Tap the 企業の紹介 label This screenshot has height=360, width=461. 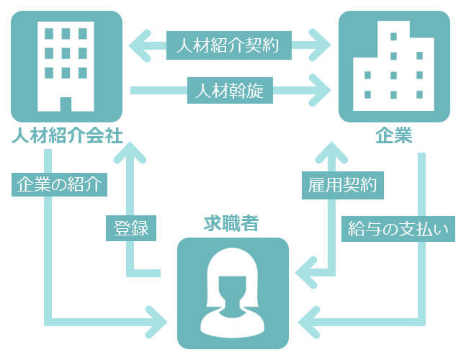(61, 185)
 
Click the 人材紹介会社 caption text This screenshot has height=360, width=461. (66, 136)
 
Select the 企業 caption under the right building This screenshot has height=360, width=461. (394, 136)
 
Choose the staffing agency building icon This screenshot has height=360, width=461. (66, 66)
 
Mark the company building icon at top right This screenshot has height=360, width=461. (394, 66)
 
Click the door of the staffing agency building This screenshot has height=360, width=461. (66, 104)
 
